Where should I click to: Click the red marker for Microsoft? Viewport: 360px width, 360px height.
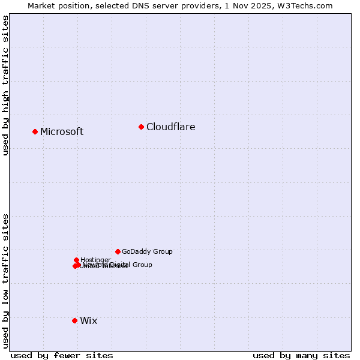(35, 131)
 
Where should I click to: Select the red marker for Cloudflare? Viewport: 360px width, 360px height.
(141, 127)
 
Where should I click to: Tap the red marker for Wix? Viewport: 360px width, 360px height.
(74, 320)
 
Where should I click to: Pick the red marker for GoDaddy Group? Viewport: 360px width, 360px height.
(118, 251)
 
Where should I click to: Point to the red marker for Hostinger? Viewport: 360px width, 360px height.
(76, 260)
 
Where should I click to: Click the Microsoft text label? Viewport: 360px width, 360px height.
(62, 132)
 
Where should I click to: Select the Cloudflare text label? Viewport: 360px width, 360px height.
(171, 127)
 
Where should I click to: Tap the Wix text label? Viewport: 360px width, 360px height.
(88, 321)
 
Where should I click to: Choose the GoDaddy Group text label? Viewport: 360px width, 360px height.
(147, 252)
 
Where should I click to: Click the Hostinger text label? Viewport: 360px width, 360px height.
(95, 260)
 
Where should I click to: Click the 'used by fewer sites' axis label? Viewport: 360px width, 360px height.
(62, 355)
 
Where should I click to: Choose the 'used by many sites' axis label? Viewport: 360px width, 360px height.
(301, 355)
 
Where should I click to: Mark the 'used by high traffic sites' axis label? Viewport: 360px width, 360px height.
(5, 85)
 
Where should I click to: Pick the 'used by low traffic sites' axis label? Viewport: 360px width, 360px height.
(5, 280)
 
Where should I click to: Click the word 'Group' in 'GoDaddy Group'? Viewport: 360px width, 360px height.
(163, 252)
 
